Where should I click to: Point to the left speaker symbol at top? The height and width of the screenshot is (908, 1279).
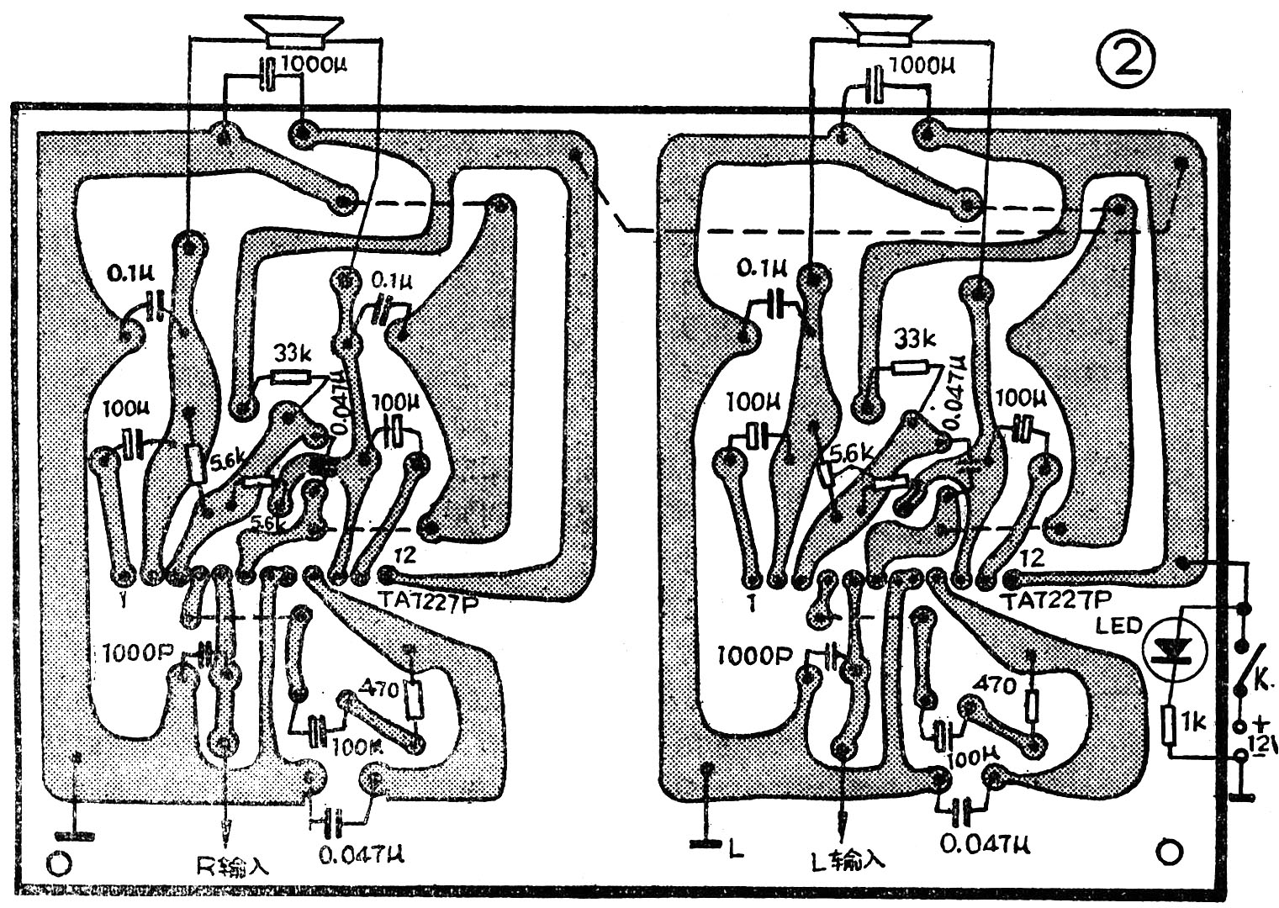coord(301,31)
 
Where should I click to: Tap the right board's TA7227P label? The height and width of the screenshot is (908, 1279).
coord(1057,598)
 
